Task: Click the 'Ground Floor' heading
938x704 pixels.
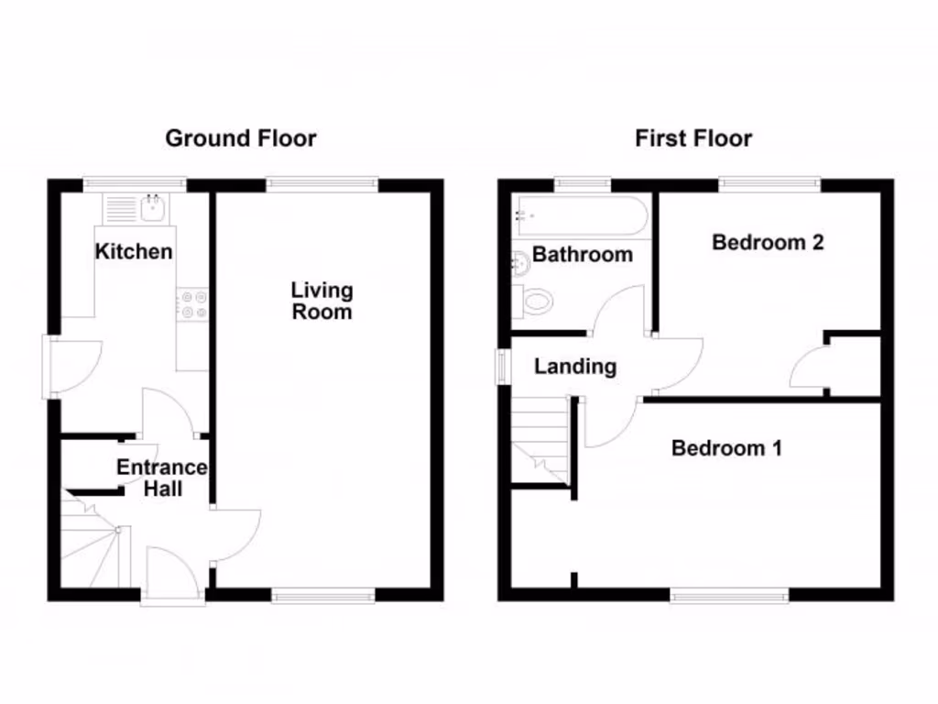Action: click(240, 138)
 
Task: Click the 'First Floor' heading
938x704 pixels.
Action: click(693, 138)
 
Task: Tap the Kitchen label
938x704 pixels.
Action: click(134, 251)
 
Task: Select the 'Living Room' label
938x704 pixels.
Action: click(322, 301)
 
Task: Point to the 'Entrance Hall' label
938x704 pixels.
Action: click(162, 478)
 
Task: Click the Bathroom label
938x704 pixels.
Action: click(582, 254)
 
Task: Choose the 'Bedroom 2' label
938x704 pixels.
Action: click(768, 242)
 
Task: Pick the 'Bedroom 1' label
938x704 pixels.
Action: click(726, 448)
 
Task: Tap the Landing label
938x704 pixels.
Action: click(575, 367)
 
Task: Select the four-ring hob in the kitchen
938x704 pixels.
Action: click(193, 304)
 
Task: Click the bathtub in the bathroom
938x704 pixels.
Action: click(582, 216)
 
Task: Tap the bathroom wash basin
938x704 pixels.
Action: click(518, 263)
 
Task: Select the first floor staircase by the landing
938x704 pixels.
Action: click(540, 440)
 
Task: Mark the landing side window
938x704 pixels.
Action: click(503, 367)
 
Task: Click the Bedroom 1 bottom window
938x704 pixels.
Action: click(729, 596)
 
